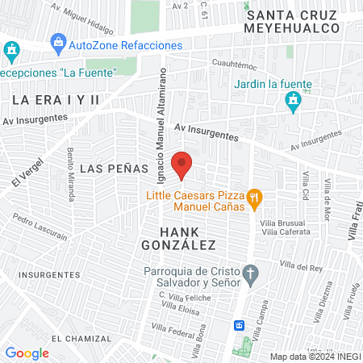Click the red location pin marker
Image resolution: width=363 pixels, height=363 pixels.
[183, 165]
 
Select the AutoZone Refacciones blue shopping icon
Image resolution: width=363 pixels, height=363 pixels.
[57, 42]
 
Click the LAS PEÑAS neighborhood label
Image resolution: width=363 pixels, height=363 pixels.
[115, 169]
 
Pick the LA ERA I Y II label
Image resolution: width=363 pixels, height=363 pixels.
[55, 99]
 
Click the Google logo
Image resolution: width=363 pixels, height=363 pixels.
[27, 353]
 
